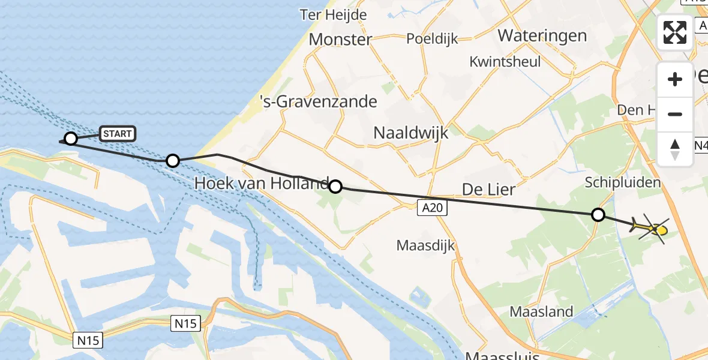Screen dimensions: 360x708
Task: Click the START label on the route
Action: [117, 134]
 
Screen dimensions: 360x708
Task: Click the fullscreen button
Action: [675, 32]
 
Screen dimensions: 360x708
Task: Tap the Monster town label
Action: [340, 40]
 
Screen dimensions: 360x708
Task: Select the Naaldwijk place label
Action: [411, 133]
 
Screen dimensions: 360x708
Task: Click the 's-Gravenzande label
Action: [319, 101]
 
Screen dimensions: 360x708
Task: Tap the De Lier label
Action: [488, 190]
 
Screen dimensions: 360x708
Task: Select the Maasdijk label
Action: [425, 245]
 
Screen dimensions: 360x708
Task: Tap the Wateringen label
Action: [542, 35]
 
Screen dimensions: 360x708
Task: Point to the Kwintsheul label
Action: [505, 62]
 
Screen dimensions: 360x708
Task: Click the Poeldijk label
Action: [432, 39]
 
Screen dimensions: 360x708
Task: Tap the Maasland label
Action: [541, 311]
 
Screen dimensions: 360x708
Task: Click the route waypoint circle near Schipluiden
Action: [598, 214]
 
